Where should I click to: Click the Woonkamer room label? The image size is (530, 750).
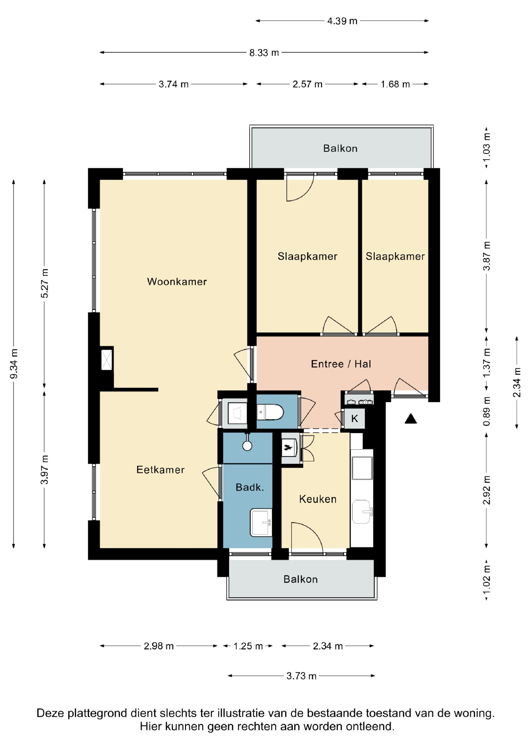177,282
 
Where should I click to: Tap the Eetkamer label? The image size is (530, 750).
160,470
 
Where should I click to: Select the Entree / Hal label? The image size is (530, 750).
341,364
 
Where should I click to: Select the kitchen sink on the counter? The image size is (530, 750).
362,512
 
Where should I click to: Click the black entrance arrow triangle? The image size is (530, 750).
411,419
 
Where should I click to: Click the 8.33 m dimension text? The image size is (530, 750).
264,52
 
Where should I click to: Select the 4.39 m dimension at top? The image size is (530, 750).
342,21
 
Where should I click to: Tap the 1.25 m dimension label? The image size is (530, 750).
248,646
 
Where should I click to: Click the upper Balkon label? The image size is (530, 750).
340,149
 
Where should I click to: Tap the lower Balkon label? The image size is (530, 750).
301,579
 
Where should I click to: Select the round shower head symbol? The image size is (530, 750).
247,446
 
